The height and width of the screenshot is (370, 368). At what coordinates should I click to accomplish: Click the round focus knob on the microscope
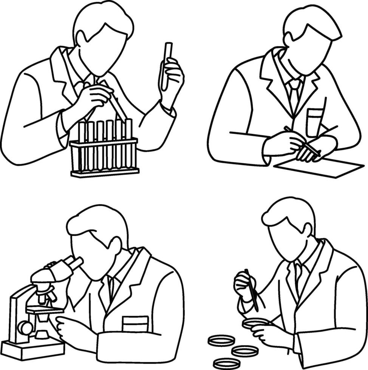[26, 327]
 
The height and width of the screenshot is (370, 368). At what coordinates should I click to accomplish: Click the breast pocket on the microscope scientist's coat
[135, 324]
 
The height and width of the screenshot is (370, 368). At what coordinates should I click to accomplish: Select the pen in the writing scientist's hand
[302, 141]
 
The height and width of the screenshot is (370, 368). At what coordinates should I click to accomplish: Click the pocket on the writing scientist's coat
[315, 122]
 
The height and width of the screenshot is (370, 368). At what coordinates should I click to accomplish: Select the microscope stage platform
[45, 310]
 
